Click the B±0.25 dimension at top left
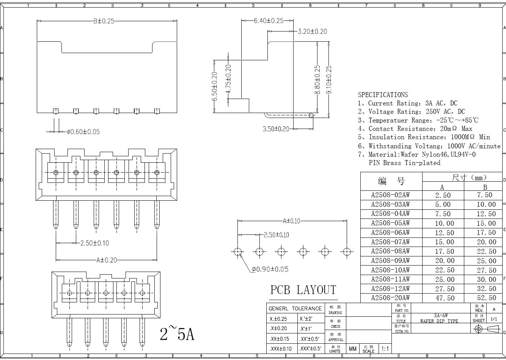(104, 21)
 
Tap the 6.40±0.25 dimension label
(269, 21)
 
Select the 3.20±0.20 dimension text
(312, 31)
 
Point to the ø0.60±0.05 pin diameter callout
(83, 132)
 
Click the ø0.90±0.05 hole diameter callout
(270, 269)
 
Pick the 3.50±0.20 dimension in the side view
(276, 129)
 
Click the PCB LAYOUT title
(303, 290)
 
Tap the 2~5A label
(177, 334)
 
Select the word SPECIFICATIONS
(383, 95)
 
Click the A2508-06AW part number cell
(390, 233)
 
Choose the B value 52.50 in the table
(487, 298)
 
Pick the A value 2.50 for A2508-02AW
(443, 195)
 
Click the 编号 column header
(391, 181)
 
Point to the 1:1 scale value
(385, 349)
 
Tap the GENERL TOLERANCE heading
(295, 308)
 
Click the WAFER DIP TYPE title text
(439, 321)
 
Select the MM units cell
(353, 349)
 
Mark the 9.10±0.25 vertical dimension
(329, 80)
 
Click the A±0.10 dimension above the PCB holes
(291, 221)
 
